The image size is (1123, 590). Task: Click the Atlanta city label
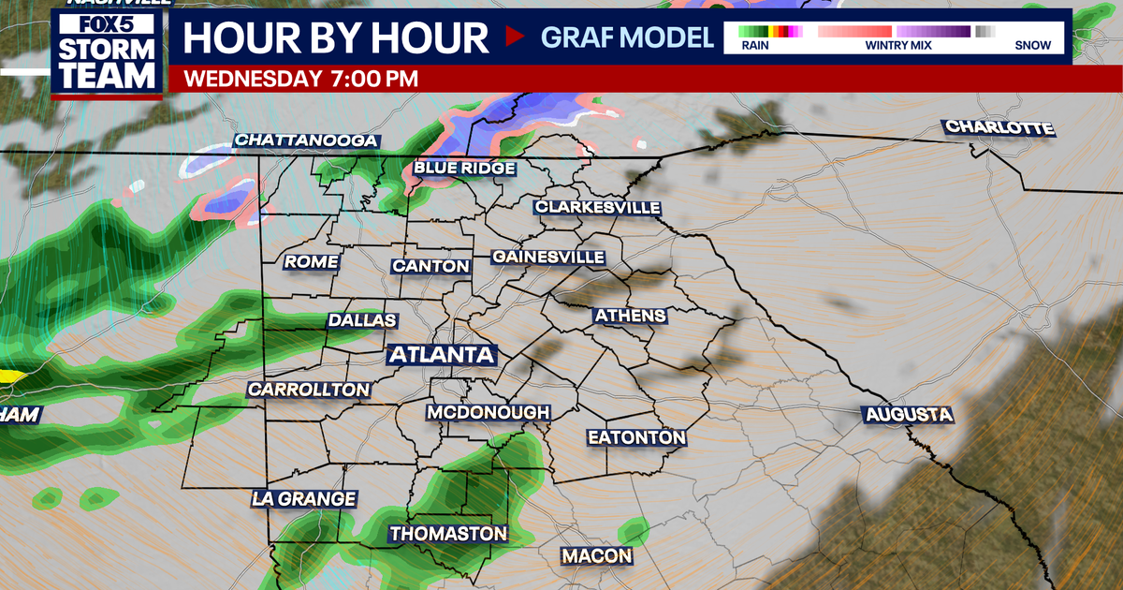tap(441, 355)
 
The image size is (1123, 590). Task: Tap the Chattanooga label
tap(306, 140)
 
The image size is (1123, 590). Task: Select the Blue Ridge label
tap(465, 168)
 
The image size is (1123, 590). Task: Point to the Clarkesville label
tap(598, 207)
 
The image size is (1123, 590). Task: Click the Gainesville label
tap(548, 257)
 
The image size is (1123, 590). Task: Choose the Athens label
tap(630, 316)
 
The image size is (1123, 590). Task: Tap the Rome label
tap(311, 262)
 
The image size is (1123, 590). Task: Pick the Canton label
tap(430, 266)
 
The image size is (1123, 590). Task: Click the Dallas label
tap(362, 320)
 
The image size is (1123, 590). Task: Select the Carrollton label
tap(309, 389)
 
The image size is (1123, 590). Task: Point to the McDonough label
tap(489, 412)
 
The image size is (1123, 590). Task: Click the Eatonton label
tap(636, 437)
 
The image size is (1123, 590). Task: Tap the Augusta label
tap(908, 414)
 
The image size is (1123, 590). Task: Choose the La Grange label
tap(303, 499)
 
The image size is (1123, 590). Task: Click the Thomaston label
tap(448, 534)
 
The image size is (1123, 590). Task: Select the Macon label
tap(596, 556)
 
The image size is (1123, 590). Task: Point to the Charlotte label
tap(999, 127)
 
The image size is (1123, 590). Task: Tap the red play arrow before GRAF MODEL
tap(514, 37)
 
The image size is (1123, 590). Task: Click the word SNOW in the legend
tap(1032, 45)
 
